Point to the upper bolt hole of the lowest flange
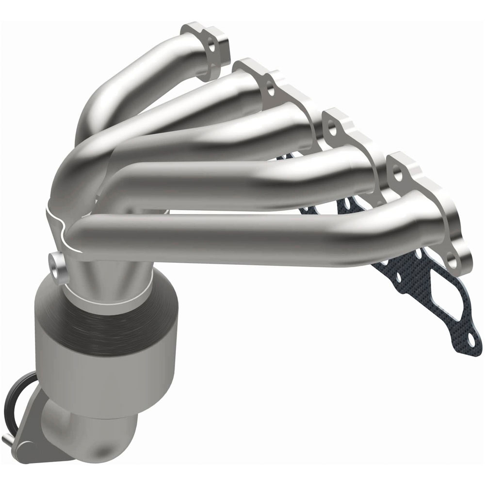click(x=398, y=174)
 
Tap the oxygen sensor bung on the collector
click(x=59, y=266)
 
